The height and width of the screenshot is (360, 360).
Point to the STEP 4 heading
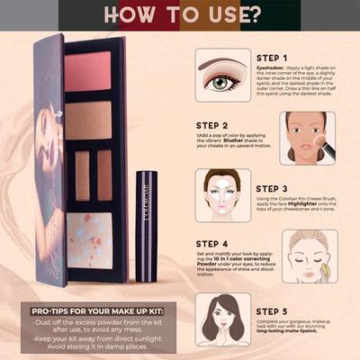pyautogui.click(x=219, y=242)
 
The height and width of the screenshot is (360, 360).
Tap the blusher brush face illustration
pyautogui.click(x=307, y=138)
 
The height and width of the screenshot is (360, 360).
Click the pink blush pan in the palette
pyautogui.click(x=88, y=71)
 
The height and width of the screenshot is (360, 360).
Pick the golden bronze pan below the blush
pyautogui.click(x=88, y=120)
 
